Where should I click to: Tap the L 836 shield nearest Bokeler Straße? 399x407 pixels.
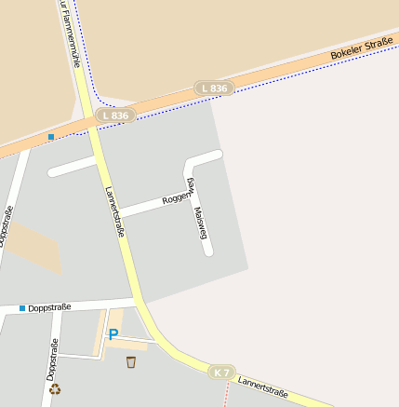click(x=213, y=88)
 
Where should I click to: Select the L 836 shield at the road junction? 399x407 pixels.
click(x=116, y=115)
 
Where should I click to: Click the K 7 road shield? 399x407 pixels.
click(x=220, y=372)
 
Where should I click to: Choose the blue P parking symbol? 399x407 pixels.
click(x=113, y=333)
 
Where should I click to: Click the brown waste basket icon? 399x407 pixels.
click(x=131, y=360)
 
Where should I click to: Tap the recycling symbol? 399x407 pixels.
click(x=55, y=389)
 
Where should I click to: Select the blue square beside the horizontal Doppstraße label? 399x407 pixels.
click(x=21, y=307)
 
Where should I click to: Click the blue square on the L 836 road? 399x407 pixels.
click(x=51, y=137)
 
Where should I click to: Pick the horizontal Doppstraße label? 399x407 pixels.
click(x=49, y=307)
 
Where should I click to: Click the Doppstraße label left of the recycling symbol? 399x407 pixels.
click(x=51, y=360)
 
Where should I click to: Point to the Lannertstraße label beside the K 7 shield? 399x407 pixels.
click(x=263, y=386)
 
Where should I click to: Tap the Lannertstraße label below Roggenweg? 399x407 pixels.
click(x=115, y=211)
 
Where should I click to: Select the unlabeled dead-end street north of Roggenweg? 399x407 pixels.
click(x=73, y=167)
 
